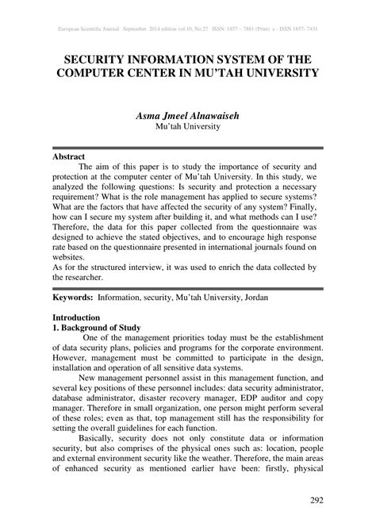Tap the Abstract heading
[69, 157]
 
